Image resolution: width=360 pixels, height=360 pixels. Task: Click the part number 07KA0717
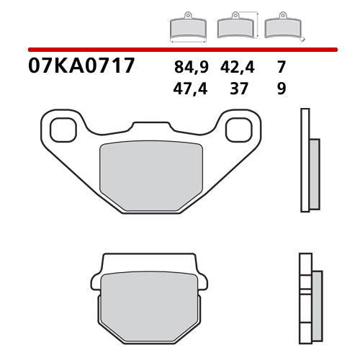pyautogui.click(x=81, y=67)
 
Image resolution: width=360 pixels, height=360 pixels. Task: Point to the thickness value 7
pyautogui.click(x=281, y=68)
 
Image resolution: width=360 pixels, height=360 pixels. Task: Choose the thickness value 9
pyautogui.click(x=281, y=90)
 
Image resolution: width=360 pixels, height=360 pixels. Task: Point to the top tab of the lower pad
pyautogui.click(x=147, y=261)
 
